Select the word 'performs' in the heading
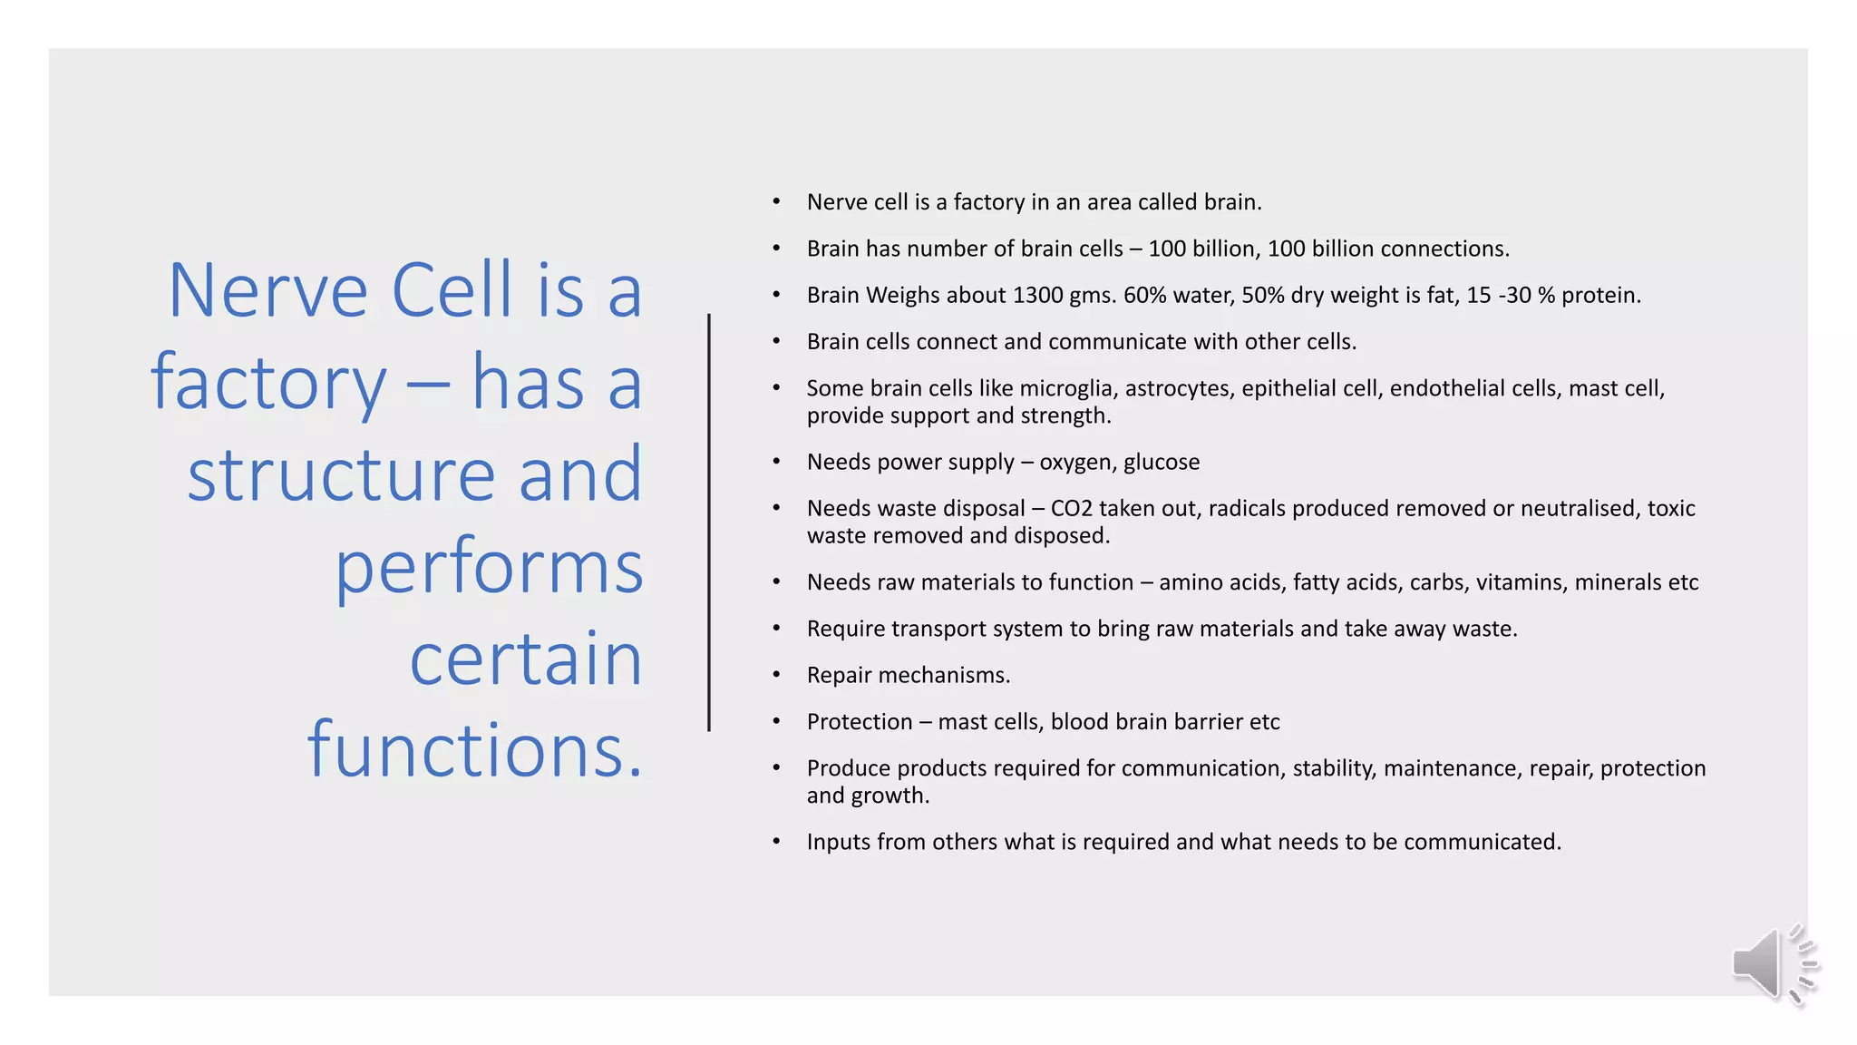(x=489, y=567)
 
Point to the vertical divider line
(x=709, y=522)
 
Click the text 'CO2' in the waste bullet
(x=1071, y=508)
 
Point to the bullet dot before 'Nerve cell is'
(x=776, y=201)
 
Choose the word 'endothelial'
(x=1446, y=388)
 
